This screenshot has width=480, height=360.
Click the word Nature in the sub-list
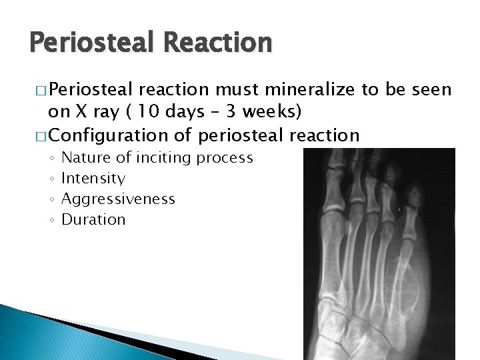pyautogui.click(x=85, y=158)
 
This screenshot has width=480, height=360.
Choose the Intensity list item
pyautogui.click(x=93, y=179)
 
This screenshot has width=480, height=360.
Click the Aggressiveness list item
pyautogui.click(x=118, y=199)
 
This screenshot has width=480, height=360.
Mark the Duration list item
pyautogui.click(x=93, y=219)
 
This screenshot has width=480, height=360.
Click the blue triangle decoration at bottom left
pyautogui.click(x=33, y=333)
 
